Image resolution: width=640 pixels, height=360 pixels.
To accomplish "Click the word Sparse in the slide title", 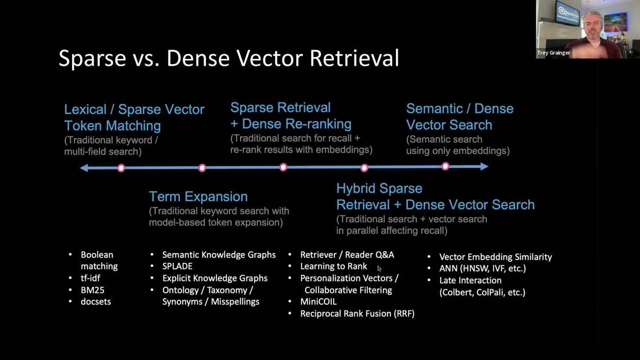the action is [x=92, y=58].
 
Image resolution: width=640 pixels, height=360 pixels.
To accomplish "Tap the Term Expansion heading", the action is [x=198, y=196].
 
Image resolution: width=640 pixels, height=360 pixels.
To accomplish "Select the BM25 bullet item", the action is [x=92, y=290].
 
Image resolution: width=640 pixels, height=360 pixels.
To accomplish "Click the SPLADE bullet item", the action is [x=177, y=266].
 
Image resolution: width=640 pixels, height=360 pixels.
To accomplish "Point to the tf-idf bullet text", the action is [x=90, y=278].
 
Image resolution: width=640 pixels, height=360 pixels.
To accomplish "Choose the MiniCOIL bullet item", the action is [x=318, y=302].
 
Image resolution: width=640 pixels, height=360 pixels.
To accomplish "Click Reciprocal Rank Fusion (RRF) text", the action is [x=357, y=314].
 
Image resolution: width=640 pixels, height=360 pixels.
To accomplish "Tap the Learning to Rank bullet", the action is [x=333, y=266].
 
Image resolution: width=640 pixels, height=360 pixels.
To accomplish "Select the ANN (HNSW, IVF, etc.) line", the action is [x=483, y=268].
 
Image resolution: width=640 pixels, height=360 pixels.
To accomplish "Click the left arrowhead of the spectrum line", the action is [x=84, y=168].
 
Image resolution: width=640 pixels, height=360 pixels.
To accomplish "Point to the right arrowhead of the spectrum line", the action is [x=484, y=167].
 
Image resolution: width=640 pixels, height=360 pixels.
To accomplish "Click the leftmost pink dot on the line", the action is [x=121, y=168].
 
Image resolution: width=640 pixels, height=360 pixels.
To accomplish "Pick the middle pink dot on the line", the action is [x=283, y=167].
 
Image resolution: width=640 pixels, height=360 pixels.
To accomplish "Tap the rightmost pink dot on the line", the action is [x=445, y=166].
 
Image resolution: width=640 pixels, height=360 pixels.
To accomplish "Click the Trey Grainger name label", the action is [x=553, y=53].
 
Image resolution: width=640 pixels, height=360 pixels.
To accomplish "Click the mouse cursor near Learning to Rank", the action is [x=379, y=268].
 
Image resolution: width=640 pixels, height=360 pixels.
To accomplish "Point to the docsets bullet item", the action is [x=96, y=302].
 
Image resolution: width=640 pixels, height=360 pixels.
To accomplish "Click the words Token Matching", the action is [x=112, y=126].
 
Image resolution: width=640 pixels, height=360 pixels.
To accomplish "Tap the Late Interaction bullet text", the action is [x=470, y=280].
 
